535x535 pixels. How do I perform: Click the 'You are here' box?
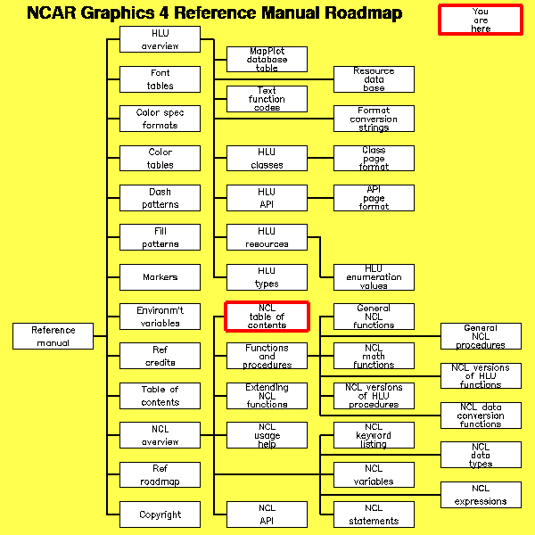480,20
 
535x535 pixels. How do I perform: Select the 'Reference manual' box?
53,336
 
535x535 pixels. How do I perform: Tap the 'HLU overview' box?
160,39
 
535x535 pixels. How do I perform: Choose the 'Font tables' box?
160,79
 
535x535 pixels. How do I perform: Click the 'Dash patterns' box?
160,198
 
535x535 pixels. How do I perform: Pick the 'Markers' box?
160,276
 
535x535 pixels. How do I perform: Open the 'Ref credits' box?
160,356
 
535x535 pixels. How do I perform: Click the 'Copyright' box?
160,514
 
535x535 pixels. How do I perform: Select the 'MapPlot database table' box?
267,59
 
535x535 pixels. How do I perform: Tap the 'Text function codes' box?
267,98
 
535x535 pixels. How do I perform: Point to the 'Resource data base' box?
374,79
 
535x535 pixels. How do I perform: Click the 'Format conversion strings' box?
374,119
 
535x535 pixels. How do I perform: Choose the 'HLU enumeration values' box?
374,276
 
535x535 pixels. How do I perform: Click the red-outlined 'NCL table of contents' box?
267,317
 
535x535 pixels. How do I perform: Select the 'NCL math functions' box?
374,356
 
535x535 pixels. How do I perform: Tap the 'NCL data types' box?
481,455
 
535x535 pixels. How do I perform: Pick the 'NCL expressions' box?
481,494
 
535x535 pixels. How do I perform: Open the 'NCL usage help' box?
267,435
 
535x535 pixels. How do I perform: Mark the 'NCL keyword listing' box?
374,435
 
